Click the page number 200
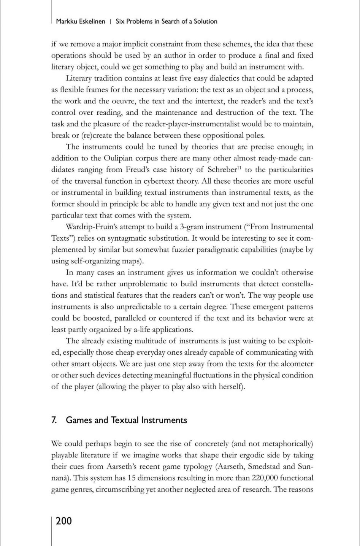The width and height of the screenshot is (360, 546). pyautogui.click(x=63, y=521)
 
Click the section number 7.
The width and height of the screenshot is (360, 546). pyautogui.click(x=54, y=420)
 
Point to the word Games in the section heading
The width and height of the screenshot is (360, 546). pyautogui.click(x=79, y=420)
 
